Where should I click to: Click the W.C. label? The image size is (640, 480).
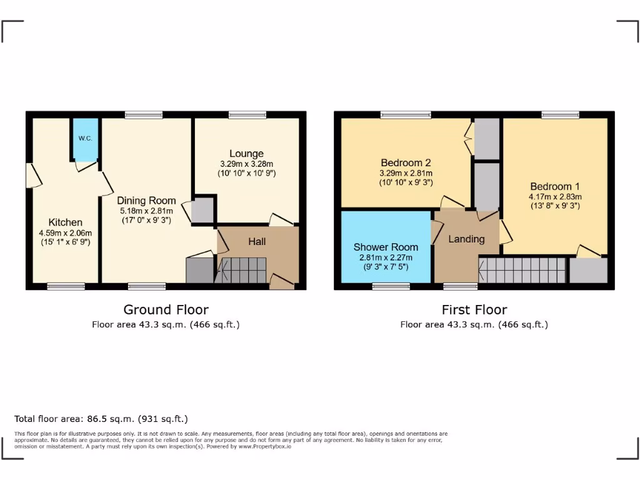tap(86, 138)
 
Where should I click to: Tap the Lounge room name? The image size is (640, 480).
tap(246, 154)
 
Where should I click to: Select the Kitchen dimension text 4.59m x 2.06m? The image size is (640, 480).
tap(65, 233)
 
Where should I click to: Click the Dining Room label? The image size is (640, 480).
tap(146, 201)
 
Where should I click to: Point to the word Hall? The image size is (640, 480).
tap(257, 241)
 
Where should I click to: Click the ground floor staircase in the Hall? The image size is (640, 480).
tap(242, 271)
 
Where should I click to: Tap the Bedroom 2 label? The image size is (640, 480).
tap(406, 162)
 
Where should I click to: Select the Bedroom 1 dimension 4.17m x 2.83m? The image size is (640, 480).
tap(555, 196)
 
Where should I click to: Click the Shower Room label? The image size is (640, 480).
tap(386, 247)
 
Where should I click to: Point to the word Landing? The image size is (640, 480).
tap(466, 239)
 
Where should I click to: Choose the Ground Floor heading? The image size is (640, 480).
tap(166, 309)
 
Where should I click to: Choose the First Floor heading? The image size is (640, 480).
tap(474, 309)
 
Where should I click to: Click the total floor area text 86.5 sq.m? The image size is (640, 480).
tap(101, 419)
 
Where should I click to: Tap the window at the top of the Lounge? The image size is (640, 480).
tap(247, 115)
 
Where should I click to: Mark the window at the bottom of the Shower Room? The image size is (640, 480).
tap(391, 286)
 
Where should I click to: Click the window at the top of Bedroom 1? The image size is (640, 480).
tap(560, 115)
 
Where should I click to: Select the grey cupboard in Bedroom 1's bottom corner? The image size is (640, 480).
tap(588, 271)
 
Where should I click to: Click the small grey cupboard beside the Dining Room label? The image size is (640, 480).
tap(202, 211)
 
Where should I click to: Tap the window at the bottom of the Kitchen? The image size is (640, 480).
tap(66, 286)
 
